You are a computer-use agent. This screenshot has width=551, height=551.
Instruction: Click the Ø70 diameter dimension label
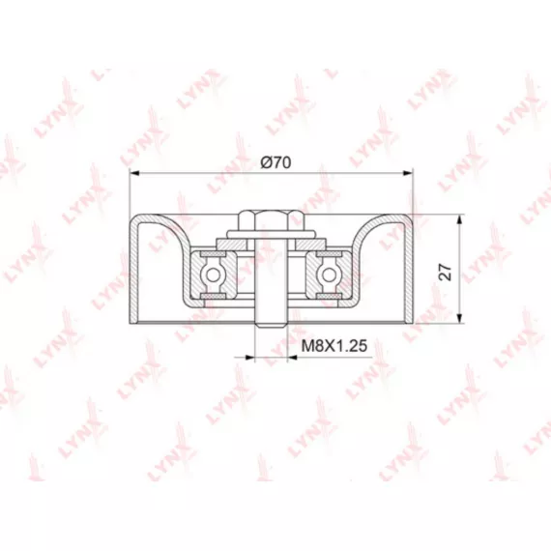275,162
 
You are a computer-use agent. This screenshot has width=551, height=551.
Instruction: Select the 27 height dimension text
446,272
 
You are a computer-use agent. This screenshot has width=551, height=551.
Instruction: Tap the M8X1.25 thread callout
334,345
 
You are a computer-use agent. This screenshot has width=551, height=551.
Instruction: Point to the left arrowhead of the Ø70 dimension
135,172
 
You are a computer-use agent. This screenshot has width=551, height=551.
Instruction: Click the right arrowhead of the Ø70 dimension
408,172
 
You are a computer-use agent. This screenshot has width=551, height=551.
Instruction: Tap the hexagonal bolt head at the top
272,220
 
